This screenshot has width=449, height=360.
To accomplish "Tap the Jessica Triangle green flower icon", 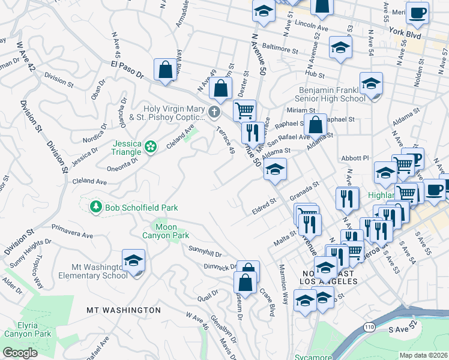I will [x=151, y=145].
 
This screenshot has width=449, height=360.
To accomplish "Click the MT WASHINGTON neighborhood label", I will [x=124, y=310].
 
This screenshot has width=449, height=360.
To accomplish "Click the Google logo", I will [x=20, y=353].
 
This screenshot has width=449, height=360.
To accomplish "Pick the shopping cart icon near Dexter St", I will [x=244, y=110].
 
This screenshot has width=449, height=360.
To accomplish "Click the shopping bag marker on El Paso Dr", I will [x=165, y=70].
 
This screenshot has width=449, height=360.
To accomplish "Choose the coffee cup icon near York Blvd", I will [x=417, y=12].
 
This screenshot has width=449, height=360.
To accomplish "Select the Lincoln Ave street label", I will [x=312, y=28].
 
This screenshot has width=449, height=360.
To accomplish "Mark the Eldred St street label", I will [x=263, y=209].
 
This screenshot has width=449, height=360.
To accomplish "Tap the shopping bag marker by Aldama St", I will [x=315, y=125].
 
